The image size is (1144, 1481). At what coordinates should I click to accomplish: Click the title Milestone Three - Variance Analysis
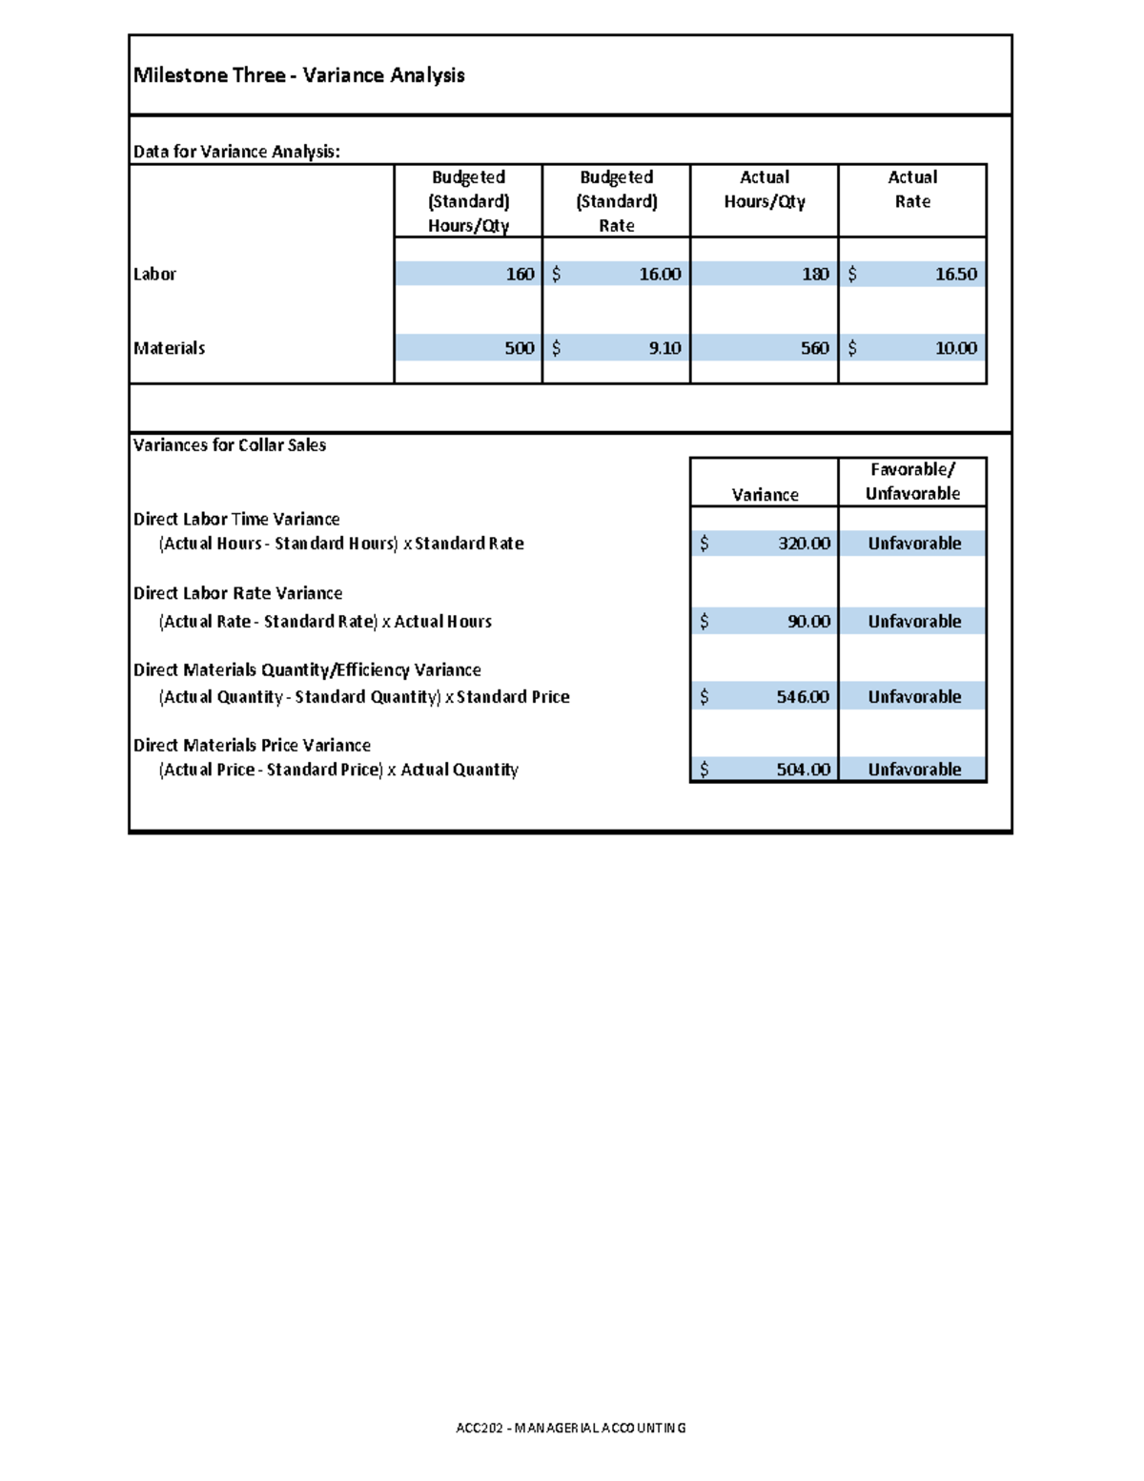[x=298, y=75]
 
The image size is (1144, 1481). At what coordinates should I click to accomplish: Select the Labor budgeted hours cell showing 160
[x=520, y=275]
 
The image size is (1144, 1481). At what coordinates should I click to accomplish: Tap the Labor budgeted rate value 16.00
[x=660, y=275]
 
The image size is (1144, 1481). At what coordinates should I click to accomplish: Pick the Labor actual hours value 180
[x=815, y=275]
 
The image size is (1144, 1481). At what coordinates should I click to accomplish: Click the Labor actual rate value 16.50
[x=955, y=275]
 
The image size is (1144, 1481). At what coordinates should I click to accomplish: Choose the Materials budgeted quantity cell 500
[x=519, y=349]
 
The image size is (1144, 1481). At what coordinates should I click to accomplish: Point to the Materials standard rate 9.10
[x=664, y=349]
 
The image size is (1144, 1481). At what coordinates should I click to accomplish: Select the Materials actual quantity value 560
[x=814, y=349]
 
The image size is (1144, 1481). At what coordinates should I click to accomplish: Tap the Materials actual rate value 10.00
[x=955, y=349]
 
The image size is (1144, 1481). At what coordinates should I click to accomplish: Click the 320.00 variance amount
[x=804, y=544]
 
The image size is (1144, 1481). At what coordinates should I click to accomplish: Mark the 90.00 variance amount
[x=808, y=622]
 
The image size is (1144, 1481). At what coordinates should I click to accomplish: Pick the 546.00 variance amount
[x=803, y=697]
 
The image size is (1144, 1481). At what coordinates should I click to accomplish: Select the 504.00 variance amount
[x=803, y=770]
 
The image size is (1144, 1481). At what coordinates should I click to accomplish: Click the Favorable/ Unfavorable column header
[x=912, y=482]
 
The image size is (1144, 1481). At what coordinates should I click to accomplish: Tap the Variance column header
[x=765, y=495]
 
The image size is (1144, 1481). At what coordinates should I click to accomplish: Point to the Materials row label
[x=169, y=349]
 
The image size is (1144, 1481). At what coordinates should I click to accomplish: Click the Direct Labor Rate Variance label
[x=237, y=593]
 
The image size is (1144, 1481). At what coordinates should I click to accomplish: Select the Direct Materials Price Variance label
[x=252, y=746]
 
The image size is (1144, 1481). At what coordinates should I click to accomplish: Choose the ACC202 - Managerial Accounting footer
[x=571, y=1428]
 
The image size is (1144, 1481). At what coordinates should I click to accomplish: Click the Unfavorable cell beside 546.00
[x=914, y=697]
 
